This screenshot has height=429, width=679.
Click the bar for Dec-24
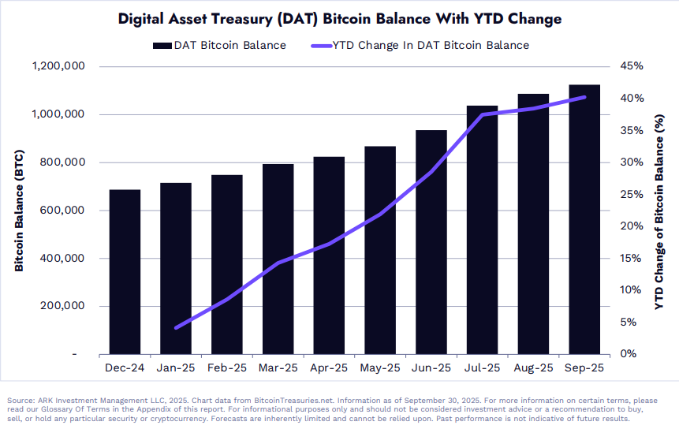click(125, 272)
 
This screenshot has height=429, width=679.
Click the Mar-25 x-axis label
click(278, 368)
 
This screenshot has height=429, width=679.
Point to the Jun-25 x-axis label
click(431, 368)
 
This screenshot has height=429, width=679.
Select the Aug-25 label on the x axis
click(533, 368)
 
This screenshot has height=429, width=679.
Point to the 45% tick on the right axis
click(621, 66)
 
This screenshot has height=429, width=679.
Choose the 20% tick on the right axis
click(621, 226)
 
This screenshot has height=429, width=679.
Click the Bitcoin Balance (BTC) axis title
click(18, 210)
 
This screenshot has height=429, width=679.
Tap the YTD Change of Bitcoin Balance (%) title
click(660, 210)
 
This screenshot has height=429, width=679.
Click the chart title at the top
click(338, 17)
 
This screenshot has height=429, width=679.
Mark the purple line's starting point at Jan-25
click(176, 327)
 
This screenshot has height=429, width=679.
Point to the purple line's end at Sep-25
click(584, 97)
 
